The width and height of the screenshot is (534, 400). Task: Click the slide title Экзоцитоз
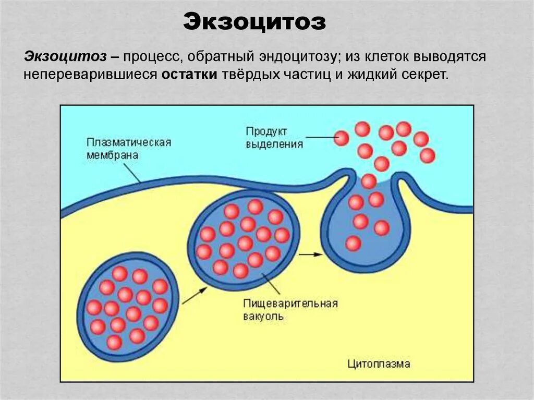click(x=254, y=22)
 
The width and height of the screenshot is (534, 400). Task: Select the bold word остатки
click(x=189, y=74)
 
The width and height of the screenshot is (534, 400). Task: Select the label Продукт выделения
click(x=274, y=137)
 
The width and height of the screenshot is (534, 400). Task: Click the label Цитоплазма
click(x=379, y=363)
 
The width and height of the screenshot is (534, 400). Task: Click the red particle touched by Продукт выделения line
click(x=342, y=138)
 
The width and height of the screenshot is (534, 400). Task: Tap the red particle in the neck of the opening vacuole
click(x=369, y=181)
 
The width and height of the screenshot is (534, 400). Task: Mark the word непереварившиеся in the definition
click(x=90, y=74)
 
